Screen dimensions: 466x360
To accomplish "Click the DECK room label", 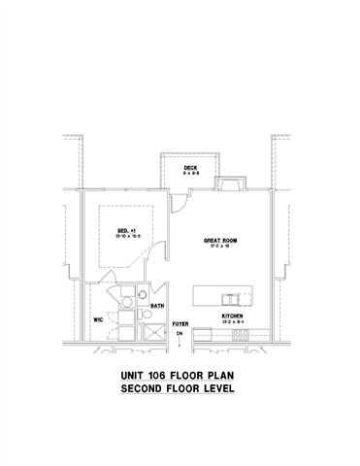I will (x=191, y=167).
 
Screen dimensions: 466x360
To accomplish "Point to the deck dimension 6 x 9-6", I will (x=191, y=173).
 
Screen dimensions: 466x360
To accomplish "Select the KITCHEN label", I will (x=231, y=316).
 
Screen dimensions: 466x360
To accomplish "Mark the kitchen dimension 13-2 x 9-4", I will (x=231, y=322).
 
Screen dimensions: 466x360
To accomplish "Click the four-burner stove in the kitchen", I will (x=240, y=336).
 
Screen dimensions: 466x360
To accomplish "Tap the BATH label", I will (x=155, y=307).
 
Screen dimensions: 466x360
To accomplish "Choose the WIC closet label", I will (x=98, y=317).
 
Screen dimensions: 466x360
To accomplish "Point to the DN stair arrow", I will (x=180, y=335).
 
